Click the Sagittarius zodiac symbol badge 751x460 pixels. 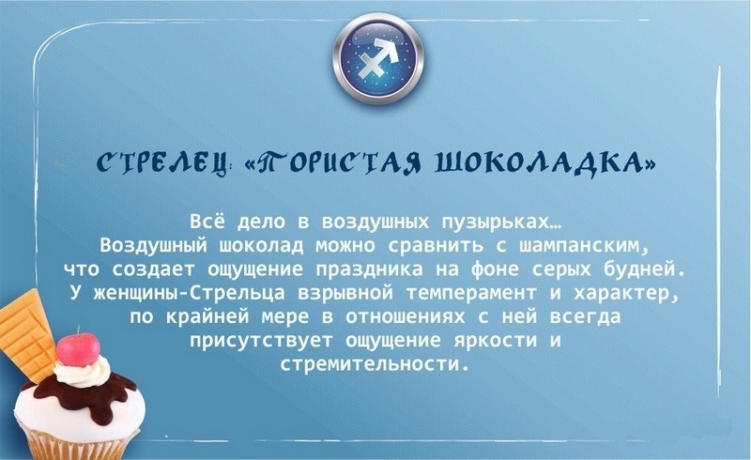[378, 58]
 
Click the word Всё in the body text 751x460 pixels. [207, 222]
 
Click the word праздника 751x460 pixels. [369, 270]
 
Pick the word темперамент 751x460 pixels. [471, 293]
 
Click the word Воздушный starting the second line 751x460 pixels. [154, 246]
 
